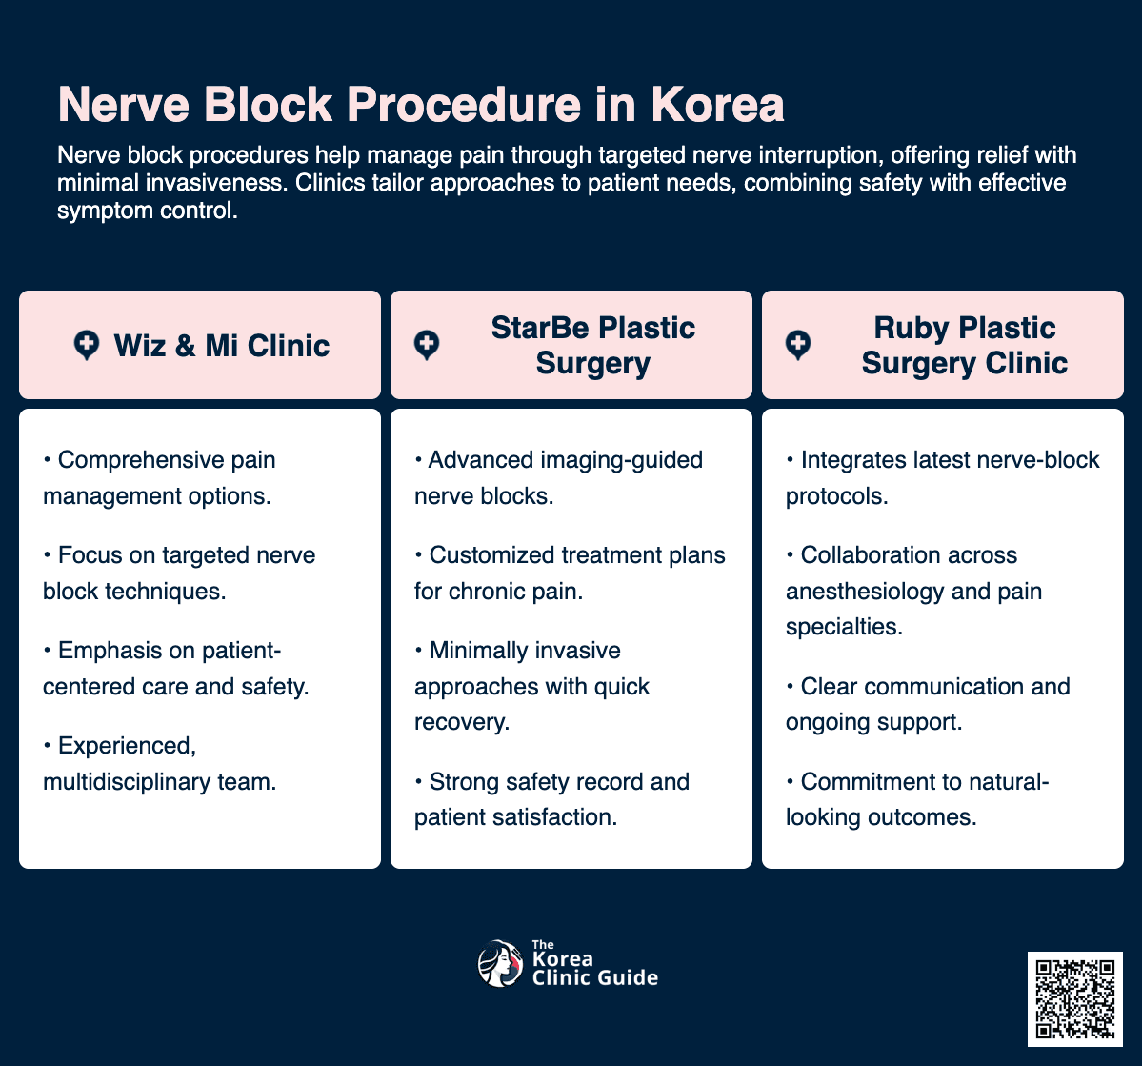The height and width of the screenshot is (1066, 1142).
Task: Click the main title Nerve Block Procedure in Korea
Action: (421, 105)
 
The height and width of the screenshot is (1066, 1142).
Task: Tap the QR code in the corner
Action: (1074, 997)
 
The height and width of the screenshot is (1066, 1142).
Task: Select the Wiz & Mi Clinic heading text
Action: (222, 345)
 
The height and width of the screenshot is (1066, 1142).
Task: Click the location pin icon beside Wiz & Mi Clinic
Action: (87, 345)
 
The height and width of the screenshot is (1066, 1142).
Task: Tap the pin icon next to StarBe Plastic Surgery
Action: (427, 345)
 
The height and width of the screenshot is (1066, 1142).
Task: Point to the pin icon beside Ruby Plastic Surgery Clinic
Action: (798, 345)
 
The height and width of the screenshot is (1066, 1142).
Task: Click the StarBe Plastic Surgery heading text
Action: (592, 345)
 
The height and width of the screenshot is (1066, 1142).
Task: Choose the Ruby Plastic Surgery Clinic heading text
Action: (964, 345)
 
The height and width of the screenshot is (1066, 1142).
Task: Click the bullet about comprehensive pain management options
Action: (159, 477)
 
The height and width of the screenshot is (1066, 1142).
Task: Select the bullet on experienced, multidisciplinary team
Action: (159, 763)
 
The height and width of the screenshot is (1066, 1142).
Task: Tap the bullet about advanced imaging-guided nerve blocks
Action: (558, 477)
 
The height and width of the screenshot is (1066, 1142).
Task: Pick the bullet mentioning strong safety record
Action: (551, 799)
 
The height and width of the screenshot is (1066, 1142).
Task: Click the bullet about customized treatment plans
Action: (570, 573)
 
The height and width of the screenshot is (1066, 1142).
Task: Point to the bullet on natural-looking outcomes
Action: (916, 799)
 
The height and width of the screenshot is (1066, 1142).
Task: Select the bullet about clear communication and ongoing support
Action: (928, 704)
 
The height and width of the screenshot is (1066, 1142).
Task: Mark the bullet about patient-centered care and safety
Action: (176, 668)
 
